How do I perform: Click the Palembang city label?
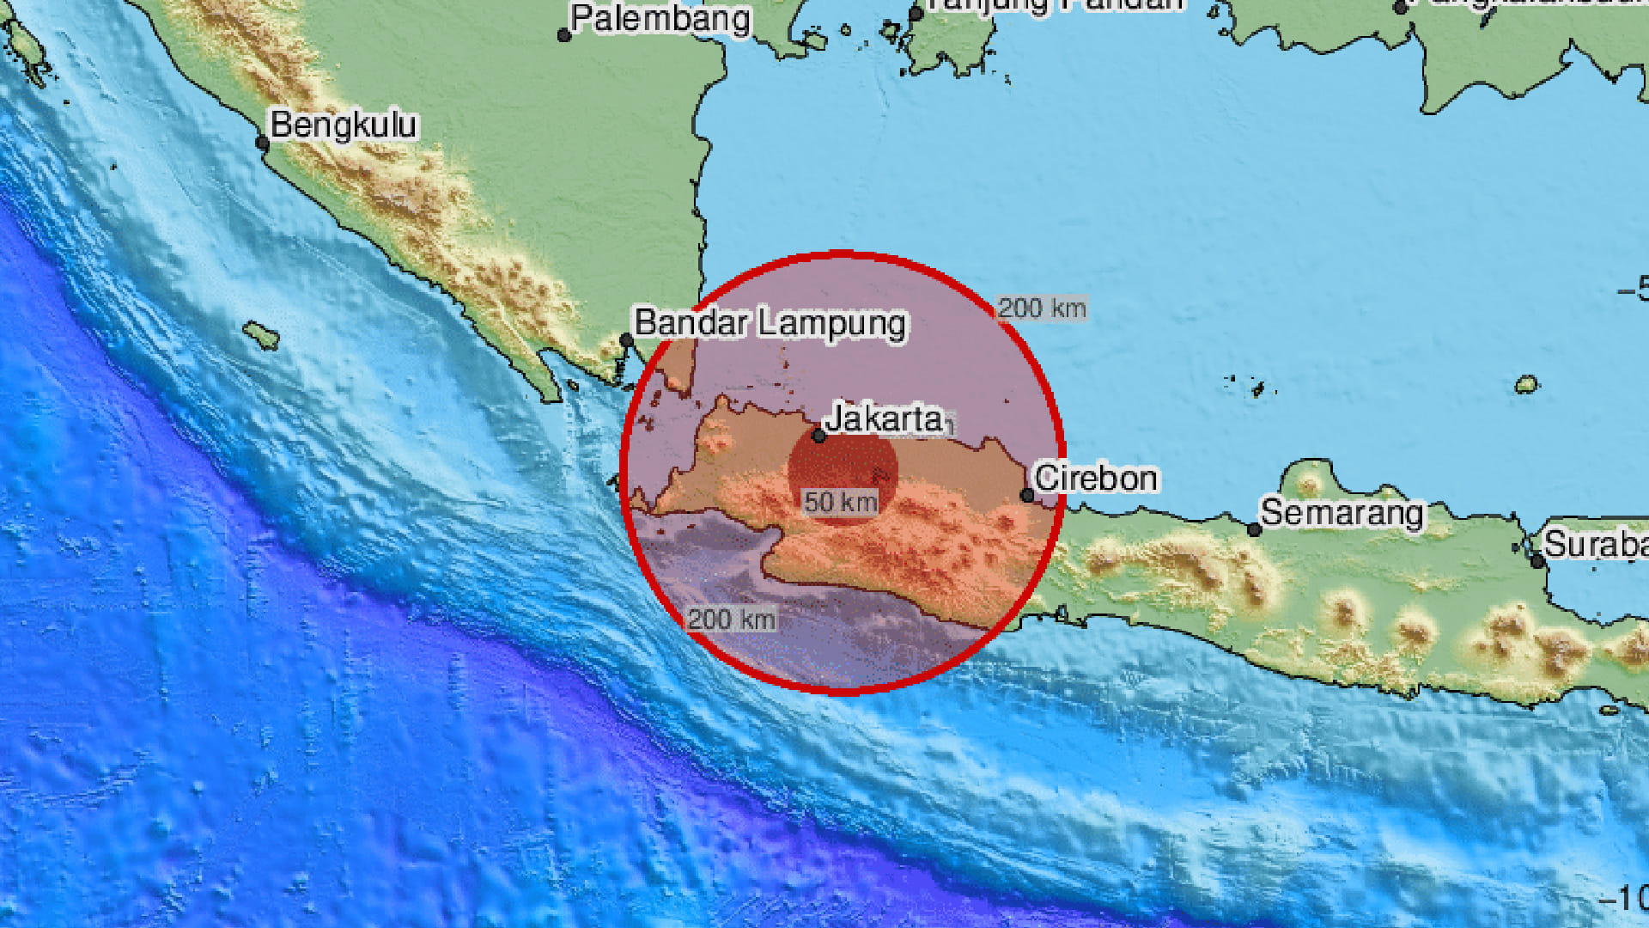[660, 19]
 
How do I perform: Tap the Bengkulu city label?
[344, 125]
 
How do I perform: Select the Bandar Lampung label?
[770, 323]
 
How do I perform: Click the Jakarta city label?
[884, 419]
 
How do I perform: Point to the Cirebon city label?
[1096, 479]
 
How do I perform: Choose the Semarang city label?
[1342, 513]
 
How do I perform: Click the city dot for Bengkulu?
[263, 144]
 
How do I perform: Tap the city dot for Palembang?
[564, 35]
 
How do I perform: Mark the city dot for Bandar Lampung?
[627, 341]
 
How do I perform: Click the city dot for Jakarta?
[819, 437]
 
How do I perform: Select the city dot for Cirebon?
[1027, 495]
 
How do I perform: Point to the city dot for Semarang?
[1255, 530]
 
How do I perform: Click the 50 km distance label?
[840, 502]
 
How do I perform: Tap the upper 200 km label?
[1042, 308]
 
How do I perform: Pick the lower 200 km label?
[732, 619]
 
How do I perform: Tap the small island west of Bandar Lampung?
[261, 335]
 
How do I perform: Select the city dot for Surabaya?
[1538, 562]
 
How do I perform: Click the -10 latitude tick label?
[1626, 899]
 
